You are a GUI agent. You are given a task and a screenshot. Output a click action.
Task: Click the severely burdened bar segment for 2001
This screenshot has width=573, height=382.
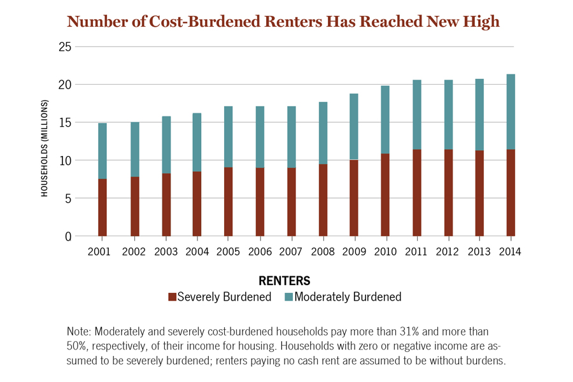point(102,208)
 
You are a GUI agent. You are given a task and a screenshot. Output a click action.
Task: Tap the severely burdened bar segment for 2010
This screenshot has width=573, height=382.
point(385,195)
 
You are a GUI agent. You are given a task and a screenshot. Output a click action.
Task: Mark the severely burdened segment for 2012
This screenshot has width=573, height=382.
point(448,193)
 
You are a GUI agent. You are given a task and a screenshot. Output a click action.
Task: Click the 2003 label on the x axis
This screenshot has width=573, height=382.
point(166,251)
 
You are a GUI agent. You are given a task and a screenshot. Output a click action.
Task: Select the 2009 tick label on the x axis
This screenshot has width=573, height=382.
point(354,251)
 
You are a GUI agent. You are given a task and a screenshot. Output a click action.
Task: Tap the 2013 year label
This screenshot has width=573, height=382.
point(479,251)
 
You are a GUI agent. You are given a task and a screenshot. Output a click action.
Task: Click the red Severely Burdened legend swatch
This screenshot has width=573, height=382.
point(171,297)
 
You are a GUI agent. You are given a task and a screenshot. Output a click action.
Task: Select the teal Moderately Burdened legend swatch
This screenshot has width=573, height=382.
point(288,297)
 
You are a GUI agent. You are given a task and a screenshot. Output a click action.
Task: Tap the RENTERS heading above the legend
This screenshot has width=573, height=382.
point(285,280)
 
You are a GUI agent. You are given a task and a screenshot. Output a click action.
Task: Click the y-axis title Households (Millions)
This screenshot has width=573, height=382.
point(45,147)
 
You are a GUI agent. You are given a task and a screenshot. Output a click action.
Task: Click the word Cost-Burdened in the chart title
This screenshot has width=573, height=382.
point(199,21)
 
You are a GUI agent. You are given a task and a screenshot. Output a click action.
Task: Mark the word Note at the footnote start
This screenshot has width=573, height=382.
point(78,332)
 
